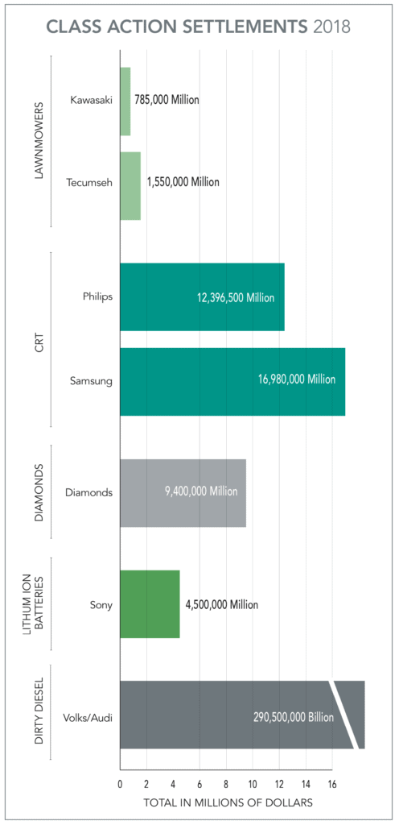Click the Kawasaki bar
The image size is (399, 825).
[x=125, y=102]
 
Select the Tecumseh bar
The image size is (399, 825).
[x=130, y=186]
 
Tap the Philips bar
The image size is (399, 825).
[x=202, y=296]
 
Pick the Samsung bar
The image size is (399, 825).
[x=232, y=382]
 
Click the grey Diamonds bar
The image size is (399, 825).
[x=183, y=492]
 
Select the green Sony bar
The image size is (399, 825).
[x=150, y=604]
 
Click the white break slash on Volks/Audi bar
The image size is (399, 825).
[x=343, y=715]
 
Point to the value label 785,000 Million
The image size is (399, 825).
[x=167, y=101]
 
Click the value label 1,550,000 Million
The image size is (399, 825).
[x=183, y=182]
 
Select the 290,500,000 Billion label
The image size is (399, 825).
[x=290, y=715]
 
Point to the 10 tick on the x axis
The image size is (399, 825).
[x=253, y=784]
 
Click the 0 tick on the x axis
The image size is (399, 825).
[x=120, y=784]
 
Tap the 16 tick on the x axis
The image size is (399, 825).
[x=332, y=784]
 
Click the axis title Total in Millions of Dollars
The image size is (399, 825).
[x=228, y=803]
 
